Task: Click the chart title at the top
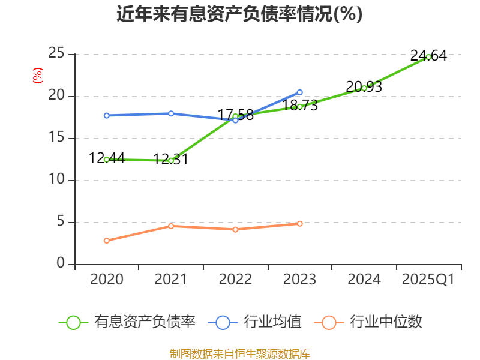click(x=239, y=14)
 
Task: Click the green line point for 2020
click(x=107, y=159)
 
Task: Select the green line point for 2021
click(x=171, y=160)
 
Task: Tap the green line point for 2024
click(x=364, y=88)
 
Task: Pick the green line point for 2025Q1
click(x=428, y=57)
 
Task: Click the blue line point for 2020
click(x=107, y=115)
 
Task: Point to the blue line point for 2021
click(x=171, y=113)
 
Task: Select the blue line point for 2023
click(x=300, y=92)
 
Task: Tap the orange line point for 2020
click(x=107, y=241)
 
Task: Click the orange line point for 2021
click(x=171, y=226)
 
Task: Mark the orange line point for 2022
click(x=235, y=229)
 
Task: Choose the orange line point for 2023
click(x=300, y=223)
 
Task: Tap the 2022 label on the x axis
click(x=235, y=280)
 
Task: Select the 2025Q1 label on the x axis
click(x=428, y=280)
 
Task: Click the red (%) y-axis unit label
click(x=38, y=76)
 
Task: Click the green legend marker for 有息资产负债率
click(x=73, y=322)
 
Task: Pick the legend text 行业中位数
click(x=386, y=322)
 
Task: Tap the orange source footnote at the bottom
click(x=239, y=353)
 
